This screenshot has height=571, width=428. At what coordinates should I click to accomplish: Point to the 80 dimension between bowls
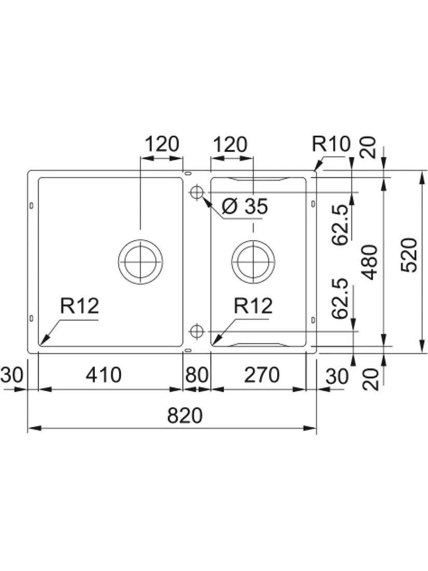coord(197,375)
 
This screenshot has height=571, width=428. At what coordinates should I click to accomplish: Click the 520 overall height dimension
coord(410,255)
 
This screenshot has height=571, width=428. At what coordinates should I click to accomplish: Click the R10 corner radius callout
coord(332,144)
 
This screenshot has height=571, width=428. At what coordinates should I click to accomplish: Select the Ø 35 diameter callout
coord(244,207)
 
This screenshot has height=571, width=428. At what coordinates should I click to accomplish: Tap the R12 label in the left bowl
coord(79,306)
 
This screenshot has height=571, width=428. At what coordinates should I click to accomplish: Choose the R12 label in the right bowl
coord(253,306)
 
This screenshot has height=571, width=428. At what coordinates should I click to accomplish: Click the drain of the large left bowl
coord(141,262)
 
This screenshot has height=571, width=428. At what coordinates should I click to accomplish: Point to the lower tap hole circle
coord(196,330)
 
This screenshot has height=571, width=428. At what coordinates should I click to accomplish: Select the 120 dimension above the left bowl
coord(161,144)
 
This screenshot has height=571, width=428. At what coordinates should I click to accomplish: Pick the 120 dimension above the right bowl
coord(229,144)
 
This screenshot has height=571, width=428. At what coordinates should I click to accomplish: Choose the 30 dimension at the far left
coord(11,375)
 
